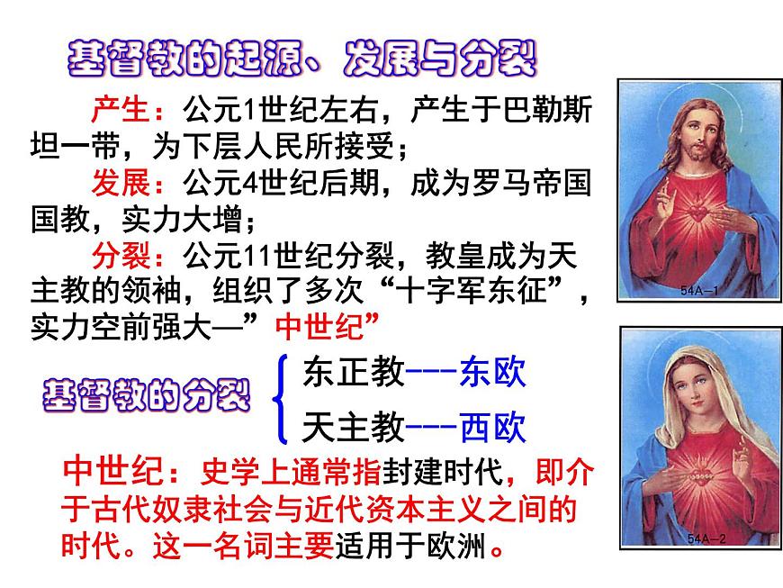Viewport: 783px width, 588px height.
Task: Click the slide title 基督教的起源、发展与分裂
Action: pyautogui.click(x=301, y=58)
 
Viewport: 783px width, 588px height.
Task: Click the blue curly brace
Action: pyautogui.click(x=283, y=399)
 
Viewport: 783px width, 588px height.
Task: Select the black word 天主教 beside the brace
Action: pyautogui.click(x=354, y=427)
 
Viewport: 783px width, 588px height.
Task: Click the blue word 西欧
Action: pyautogui.click(x=491, y=427)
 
